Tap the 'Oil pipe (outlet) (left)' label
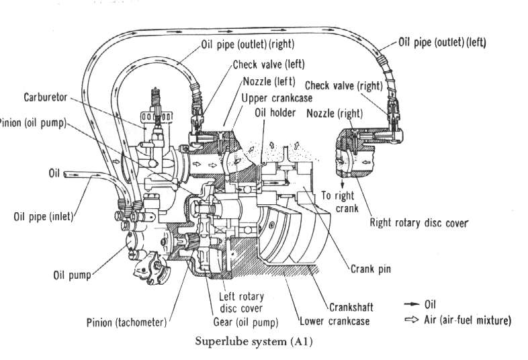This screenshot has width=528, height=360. coord(442,42)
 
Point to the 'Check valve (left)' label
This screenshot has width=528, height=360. coord(268,65)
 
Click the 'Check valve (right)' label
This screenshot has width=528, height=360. coord(343,85)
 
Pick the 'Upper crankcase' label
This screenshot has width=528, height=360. coord(276,98)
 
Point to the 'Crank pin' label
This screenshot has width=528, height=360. coord(371,269)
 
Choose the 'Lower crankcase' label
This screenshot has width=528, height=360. coord(334,320)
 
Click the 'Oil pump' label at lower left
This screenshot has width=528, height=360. coord(72,275)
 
